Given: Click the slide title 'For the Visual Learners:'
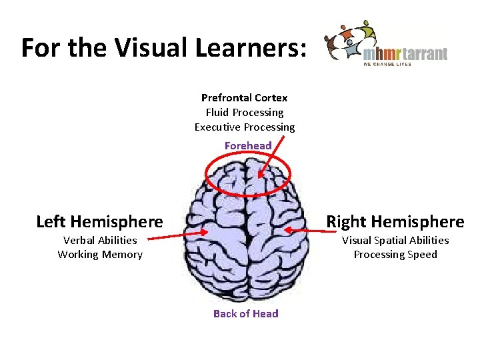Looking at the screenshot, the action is click(164, 47).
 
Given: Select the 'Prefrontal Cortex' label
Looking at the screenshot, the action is click(244, 97).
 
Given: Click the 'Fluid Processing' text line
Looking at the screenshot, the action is click(244, 112).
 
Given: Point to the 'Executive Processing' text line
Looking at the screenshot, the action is click(244, 127).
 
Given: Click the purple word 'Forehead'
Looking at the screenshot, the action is click(248, 145).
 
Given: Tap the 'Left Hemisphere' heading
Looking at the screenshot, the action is click(99, 221).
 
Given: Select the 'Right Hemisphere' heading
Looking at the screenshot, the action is click(395, 221).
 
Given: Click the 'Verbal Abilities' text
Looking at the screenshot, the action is click(100, 240).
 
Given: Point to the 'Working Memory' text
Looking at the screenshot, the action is click(100, 254).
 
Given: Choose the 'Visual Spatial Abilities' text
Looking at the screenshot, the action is click(395, 240).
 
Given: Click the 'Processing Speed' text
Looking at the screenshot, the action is click(395, 254).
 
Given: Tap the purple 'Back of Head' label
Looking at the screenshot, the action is click(245, 313).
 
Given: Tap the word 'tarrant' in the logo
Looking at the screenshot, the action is click(423, 53).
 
